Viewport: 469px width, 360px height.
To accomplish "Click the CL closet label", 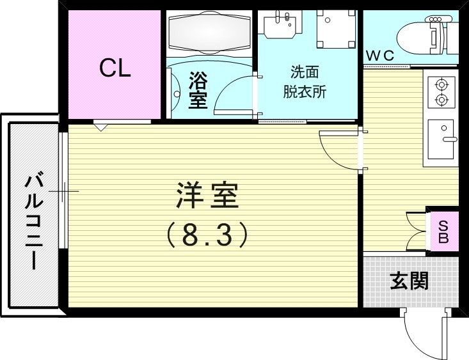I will [115, 68].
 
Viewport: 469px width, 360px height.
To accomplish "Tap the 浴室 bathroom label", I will [198, 91].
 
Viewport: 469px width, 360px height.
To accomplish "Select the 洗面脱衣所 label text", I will [305, 82].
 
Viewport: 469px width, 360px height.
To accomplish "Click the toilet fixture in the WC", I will [423, 35].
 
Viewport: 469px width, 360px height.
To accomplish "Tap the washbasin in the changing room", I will [282, 26].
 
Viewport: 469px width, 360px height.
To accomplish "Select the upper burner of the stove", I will [441, 84].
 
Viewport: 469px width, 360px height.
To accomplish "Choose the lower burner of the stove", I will [441, 100].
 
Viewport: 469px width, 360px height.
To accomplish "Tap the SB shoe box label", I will [443, 231].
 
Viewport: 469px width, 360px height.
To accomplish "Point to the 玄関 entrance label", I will [409, 281].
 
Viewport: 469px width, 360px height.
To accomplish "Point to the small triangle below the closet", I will [102, 127].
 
